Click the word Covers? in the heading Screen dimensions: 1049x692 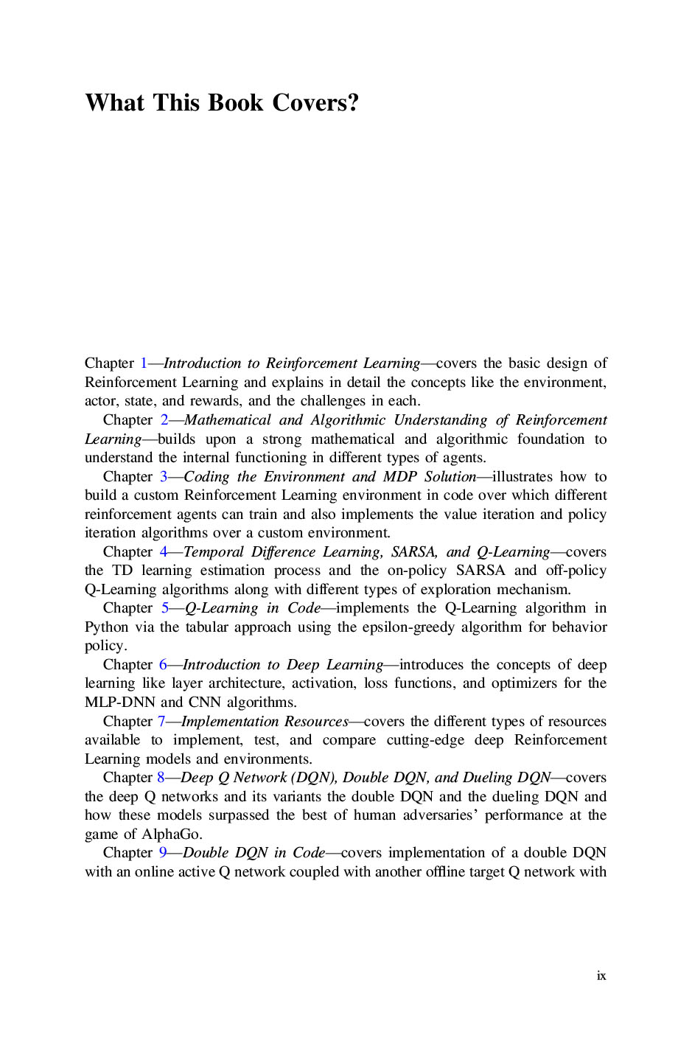pos(315,102)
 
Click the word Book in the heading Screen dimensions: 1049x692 pos(236,102)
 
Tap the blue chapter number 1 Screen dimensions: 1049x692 pos(144,363)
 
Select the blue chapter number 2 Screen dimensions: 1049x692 pos(164,420)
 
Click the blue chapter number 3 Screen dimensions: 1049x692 pos(164,477)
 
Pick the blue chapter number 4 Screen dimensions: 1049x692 pos(164,552)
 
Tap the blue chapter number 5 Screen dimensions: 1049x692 pos(165,608)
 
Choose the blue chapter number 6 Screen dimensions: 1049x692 pos(163,665)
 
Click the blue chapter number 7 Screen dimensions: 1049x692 pos(161,722)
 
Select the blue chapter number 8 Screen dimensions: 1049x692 pos(161,778)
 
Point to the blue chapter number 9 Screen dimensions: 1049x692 pos(163,853)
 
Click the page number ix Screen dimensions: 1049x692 pos(601,976)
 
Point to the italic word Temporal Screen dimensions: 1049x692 pos(213,552)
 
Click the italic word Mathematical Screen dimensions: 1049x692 pos(228,420)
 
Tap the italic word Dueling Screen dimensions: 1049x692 pos(487,778)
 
